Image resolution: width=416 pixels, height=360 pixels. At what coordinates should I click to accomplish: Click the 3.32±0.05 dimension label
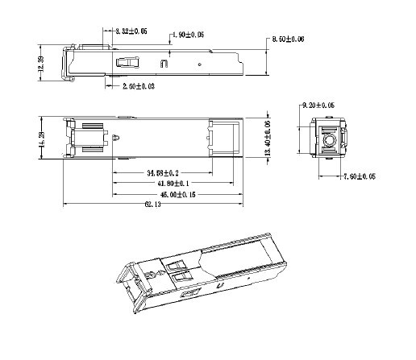click(x=131, y=31)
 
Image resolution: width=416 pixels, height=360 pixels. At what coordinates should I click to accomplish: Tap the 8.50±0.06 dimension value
click(x=288, y=39)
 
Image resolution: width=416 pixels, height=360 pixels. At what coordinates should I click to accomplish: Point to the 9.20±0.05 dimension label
click(x=318, y=106)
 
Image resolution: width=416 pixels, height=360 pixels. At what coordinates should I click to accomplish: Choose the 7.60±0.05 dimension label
click(x=360, y=176)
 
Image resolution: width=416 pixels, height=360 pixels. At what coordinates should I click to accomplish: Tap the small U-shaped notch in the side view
click(x=164, y=61)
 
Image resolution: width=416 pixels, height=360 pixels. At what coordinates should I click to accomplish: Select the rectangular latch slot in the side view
click(x=126, y=61)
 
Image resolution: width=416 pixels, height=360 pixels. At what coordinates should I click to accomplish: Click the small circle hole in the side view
click(x=198, y=62)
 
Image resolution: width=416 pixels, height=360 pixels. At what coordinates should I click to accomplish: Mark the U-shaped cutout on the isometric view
click(x=220, y=288)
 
